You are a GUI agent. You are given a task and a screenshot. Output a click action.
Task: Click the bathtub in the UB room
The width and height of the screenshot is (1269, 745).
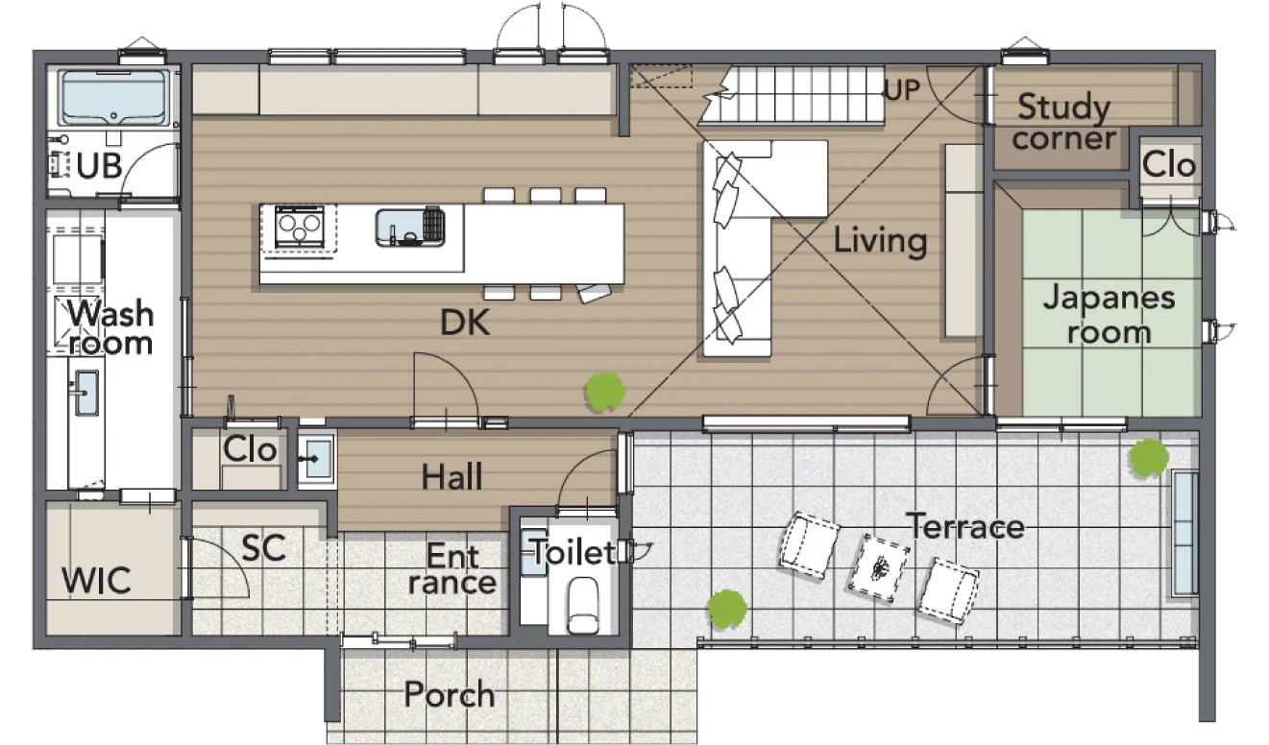113,98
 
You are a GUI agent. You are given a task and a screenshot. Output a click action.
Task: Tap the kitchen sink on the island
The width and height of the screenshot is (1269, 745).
410,228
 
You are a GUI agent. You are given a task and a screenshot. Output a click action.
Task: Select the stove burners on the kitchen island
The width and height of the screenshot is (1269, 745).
299,227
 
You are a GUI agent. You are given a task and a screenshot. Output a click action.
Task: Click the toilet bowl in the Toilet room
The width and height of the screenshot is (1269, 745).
583,606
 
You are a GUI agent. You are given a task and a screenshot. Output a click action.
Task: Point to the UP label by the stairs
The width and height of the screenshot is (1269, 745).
902,89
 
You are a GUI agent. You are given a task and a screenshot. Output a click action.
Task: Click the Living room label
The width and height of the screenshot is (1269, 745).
880,242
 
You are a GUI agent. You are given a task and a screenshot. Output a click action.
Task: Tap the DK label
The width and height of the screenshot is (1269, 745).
465,324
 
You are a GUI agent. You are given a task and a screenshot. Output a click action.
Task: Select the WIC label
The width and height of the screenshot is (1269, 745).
96,581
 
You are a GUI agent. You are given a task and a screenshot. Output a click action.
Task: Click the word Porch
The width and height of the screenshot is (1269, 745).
450,695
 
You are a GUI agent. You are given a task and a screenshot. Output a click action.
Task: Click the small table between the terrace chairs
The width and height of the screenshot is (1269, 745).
879,567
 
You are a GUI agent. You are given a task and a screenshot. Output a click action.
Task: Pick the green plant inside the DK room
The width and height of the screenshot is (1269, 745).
605,391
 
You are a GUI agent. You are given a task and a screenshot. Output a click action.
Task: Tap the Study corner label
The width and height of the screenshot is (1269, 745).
1064,122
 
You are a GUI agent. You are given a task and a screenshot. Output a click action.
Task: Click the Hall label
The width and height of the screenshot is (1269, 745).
452,476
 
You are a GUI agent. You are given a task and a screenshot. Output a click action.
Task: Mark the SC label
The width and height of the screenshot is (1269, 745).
263,548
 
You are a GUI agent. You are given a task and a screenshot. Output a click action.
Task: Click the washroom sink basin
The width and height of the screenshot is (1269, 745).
86,393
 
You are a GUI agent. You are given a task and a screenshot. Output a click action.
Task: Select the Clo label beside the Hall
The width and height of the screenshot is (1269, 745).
250,449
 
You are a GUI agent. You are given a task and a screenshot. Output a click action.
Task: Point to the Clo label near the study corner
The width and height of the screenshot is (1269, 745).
1169,165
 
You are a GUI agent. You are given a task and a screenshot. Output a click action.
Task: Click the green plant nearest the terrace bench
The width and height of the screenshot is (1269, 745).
1149,457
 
